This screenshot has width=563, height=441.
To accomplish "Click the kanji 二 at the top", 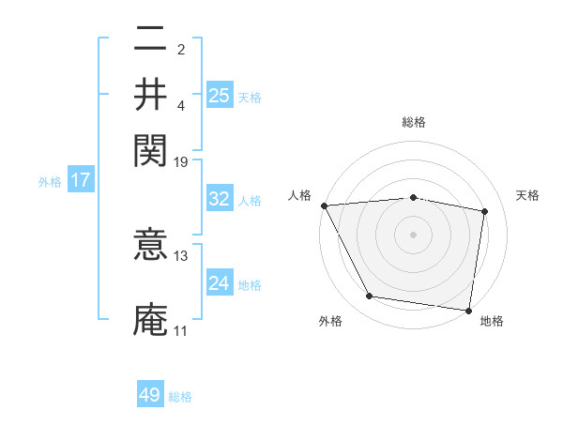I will point(150,41).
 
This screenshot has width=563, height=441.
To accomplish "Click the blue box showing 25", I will point(220,95).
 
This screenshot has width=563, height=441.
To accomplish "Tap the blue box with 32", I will point(220,199).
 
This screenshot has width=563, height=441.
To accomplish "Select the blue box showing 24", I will point(220,283).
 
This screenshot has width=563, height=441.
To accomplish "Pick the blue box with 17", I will point(80,181).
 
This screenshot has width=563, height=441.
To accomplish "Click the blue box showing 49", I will point(150,395).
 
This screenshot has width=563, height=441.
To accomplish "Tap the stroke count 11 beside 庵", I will point(180,330).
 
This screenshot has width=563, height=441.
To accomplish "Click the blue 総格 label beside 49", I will point(181,397).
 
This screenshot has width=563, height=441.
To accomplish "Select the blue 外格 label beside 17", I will point(49,182).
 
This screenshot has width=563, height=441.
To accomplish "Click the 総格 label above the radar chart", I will point(413,122).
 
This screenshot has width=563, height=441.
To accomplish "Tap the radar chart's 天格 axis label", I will point(527,195).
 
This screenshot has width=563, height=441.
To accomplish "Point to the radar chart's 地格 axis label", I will point(492,321).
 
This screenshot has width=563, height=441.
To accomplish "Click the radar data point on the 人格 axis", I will point(324,205).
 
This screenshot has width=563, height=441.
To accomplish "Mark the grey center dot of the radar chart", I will point(413,234).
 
